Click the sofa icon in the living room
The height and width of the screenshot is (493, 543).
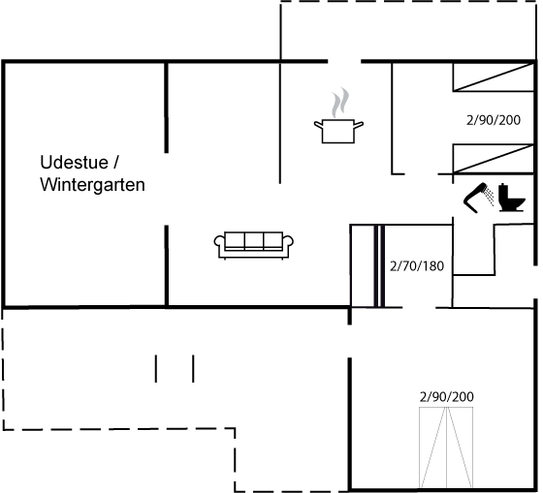tap(253, 245)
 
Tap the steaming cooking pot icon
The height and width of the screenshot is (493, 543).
tap(338, 116)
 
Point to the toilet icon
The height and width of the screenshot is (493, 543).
tap(511, 198)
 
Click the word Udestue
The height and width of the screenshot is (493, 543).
tap(74, 163)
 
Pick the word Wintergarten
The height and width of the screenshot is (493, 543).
tap(92, 184)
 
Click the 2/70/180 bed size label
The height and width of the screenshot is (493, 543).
tap(417, 266)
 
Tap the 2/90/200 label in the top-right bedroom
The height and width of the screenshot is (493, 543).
tap(494, 120)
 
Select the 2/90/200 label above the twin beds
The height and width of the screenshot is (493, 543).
tap(447, 397)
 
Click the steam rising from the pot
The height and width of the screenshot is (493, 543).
tap(339, 103)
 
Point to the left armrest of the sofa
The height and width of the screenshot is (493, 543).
tap(219, 241)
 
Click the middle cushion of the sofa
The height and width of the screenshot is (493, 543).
tap(254, 240)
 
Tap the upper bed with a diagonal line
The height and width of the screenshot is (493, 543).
tap(494, 77)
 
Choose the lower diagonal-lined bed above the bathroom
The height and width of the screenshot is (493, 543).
tap(494, 159)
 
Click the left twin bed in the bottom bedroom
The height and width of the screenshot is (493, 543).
tap(432, 447)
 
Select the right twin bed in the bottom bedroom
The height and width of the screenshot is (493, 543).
tap(460, 447)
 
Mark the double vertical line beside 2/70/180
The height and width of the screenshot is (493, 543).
tap(379, 265)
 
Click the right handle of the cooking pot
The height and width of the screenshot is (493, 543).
tap(359, 125)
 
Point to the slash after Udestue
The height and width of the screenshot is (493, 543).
tap(116, 163)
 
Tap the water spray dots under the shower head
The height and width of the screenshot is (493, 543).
tap(490, 196)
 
